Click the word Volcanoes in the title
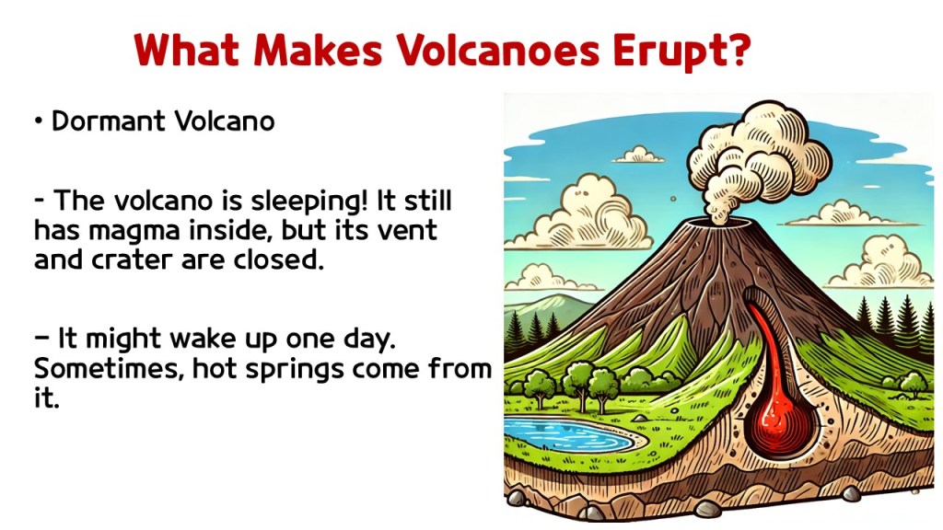pyautogui.click(x=497, y=50)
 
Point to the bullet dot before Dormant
pyautogui.click(x=39, y=121)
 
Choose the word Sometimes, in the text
pyautogui.click(x=109, y=369)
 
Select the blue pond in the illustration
pyautogui.click(x=568, y=434)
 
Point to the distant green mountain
pyautogui.click(x=553, y=306)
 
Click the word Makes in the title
pyautogui.click(x=318, y=50)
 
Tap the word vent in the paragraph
pyautogui.click(x=408, y=231)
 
